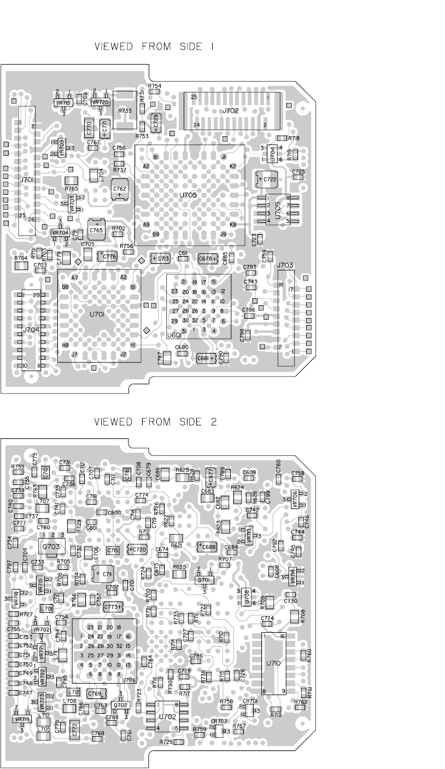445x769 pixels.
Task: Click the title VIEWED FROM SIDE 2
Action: coord(156,422)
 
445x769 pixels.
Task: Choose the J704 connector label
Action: coord(31,331)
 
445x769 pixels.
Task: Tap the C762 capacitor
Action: coord(120,190)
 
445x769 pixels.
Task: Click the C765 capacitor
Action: coord(97,230)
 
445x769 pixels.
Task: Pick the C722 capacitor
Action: coord(268,180)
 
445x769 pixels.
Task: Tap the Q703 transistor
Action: coord(51,546)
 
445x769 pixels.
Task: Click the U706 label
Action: coord(129,680)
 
